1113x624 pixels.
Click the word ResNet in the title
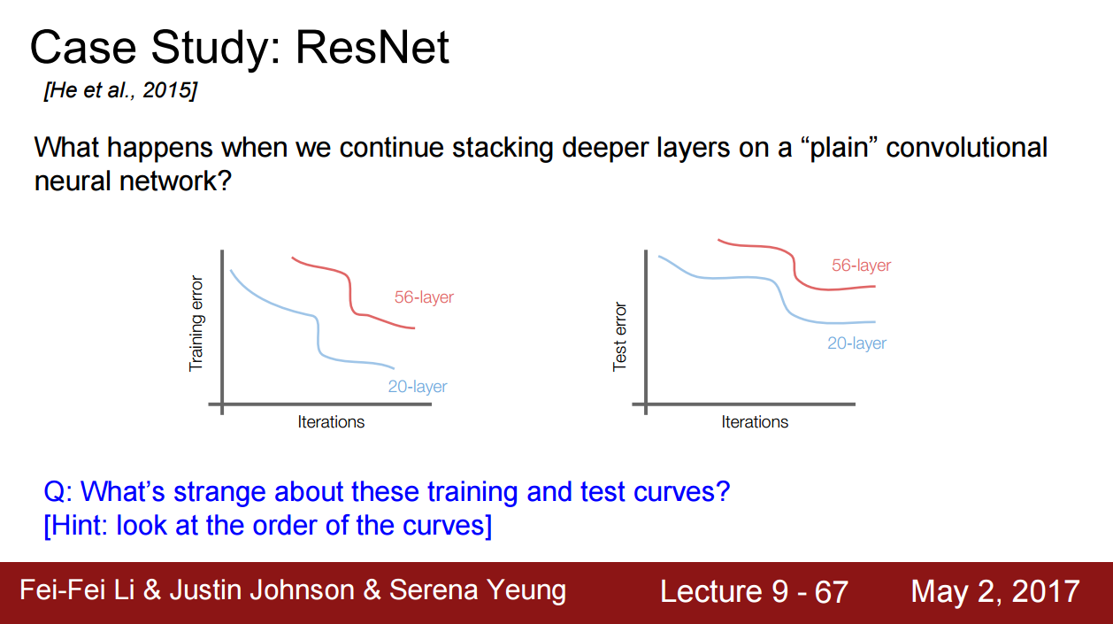tap(372, 48)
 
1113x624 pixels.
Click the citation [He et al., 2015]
tap(120, 90)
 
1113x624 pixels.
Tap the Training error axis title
tap(196, 323)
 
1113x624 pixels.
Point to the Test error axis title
tap(619, 336)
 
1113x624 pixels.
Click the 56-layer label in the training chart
tap(424, 297)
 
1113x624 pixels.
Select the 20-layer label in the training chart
tap(418, 386)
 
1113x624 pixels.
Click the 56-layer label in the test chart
tap(861, 265)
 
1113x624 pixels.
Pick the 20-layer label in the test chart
tap(856, 343)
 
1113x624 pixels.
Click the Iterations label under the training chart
tap(331, 421)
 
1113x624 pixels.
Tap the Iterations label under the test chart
tap(755, 421)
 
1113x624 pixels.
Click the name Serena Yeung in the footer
tap(478, 590)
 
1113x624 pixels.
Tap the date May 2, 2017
tap(994, 591)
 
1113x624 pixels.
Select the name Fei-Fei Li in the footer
tap(77, 590)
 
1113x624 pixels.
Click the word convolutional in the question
tap(967, 148)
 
